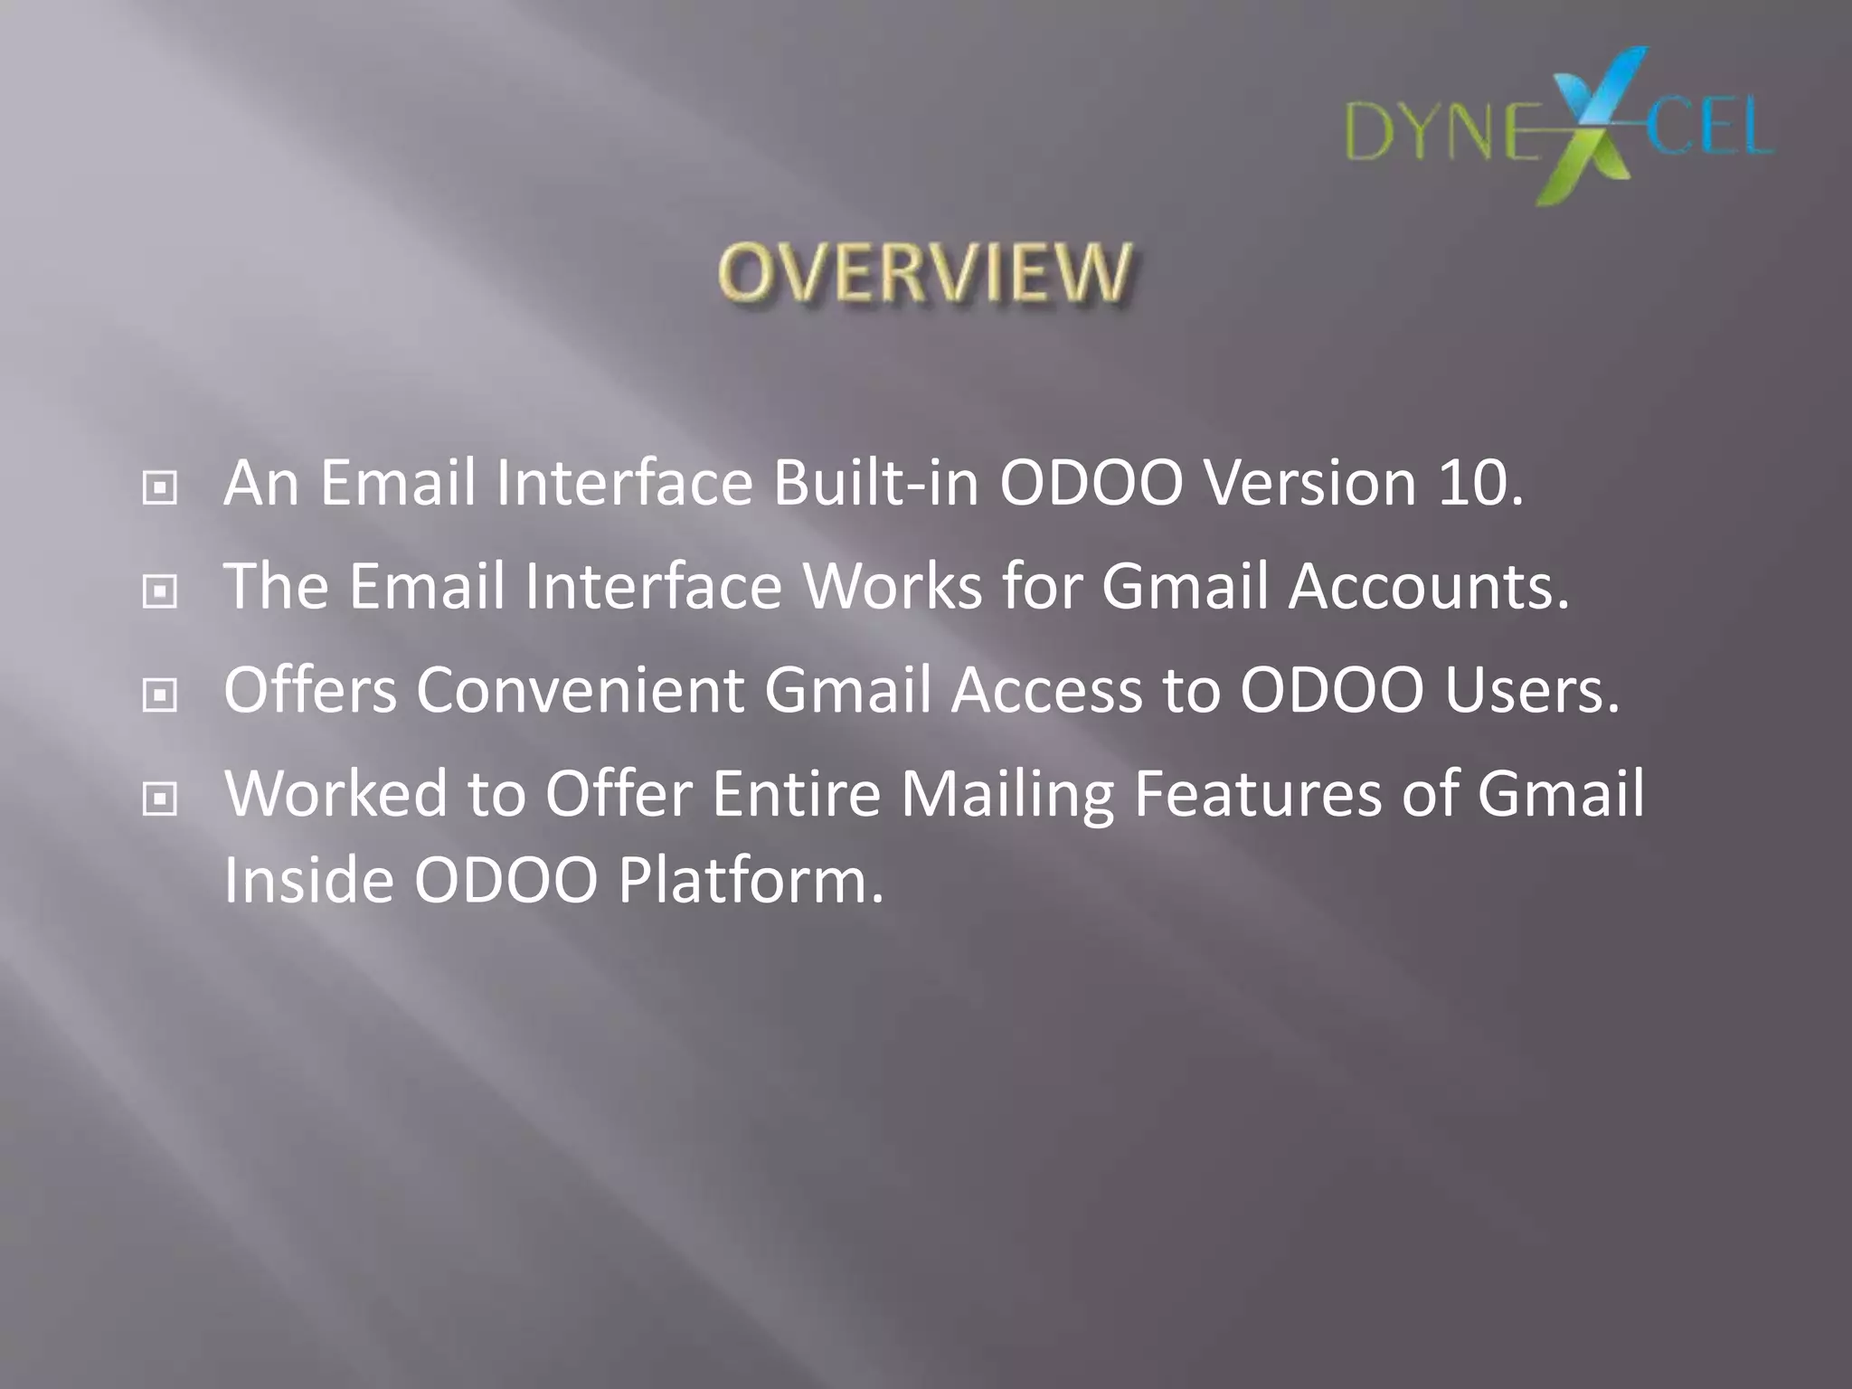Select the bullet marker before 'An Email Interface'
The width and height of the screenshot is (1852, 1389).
160,489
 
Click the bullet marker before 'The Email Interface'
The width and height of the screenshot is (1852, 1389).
160,592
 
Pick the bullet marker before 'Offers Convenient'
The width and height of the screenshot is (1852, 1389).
160,695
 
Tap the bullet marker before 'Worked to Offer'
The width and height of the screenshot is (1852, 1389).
160,798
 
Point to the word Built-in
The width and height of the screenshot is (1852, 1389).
875,483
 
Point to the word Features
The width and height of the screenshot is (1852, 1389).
1258,793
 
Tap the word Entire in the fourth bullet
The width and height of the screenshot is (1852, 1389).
796,793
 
